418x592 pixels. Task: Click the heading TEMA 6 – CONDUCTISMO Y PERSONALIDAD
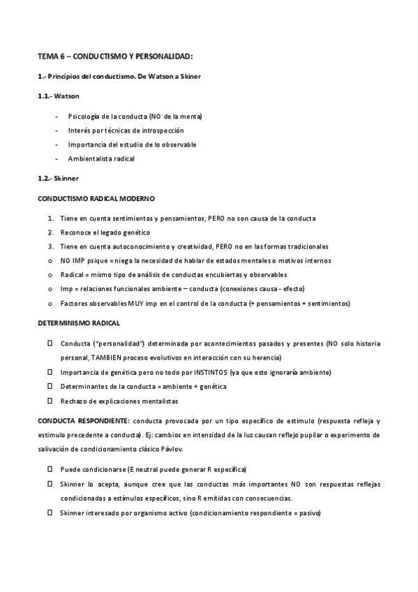(x=115, y=55)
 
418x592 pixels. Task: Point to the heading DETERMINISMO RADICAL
(x=78, y=324)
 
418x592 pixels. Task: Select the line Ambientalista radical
(x=101, y=158)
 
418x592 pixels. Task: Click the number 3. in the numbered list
(x=51, y=246)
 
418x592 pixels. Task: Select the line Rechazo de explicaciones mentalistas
(x=119, y=401)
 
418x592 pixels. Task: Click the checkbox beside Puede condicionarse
(x=50, y=469)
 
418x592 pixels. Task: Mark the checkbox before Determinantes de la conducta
(x=50, y=386)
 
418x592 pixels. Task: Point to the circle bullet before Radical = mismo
(x=50, y=275)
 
